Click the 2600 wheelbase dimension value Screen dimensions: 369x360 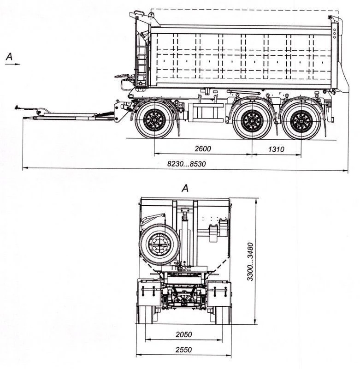[202, 149]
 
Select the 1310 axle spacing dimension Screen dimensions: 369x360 [275, 149]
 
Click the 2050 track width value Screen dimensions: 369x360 [183, 334]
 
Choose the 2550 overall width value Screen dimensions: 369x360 [183, 350]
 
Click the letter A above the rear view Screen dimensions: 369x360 [185, 188]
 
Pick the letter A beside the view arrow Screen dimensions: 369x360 [9, 57]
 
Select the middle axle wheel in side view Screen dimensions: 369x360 [252, 121]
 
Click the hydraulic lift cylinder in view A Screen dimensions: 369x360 [186, 235]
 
